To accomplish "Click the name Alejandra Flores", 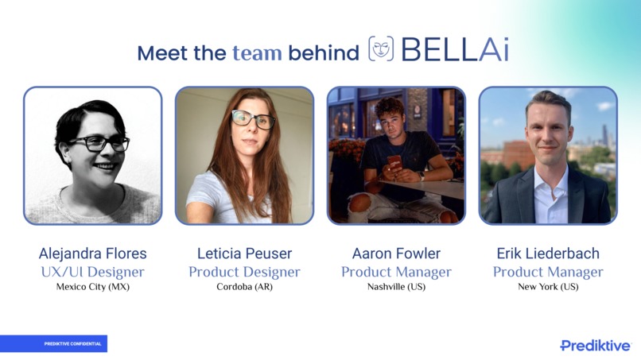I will (92, 254).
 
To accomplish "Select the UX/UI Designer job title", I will (92, 272).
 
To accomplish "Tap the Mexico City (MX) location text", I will (92, 287).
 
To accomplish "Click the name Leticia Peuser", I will (244, 254).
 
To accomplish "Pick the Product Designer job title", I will (244, 272).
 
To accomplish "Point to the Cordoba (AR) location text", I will (244, 287).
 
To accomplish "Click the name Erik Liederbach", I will (548, 254).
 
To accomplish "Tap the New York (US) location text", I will (548, 287).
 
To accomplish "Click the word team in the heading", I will (257, 53).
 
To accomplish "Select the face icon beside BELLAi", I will (381, 49).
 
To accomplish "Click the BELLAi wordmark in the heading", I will (454, 50).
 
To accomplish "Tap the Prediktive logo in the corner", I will (595, 346).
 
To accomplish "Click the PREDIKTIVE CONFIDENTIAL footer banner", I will (53, 344).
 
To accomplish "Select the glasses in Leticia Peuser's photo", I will (253, 119).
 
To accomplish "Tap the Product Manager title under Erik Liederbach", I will (548, 272).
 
